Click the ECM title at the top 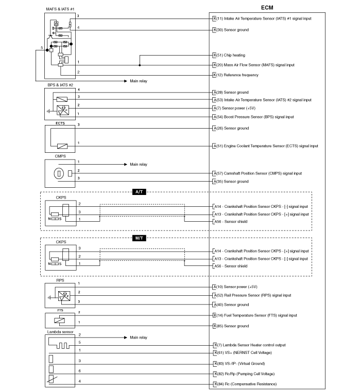point(267,8)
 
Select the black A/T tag point(139,192)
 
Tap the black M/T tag point(139,238)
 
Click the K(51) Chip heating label point(229,55)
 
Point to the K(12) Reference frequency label point(235,75)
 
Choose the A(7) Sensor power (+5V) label point(234,108)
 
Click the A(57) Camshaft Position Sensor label point(258,173)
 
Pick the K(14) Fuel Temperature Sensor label point(255,315)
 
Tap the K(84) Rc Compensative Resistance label point(245,384)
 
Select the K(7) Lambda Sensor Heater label point(250,345)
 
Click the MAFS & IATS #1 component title point(60,9)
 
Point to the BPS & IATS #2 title point(60,85)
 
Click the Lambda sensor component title point(60,332)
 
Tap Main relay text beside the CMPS point(139,164)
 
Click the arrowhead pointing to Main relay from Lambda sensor point(126,337)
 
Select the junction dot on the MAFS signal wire point(140,65)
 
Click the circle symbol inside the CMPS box point(59,173)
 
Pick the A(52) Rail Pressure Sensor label point(252,295)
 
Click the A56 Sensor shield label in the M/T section point(231,266)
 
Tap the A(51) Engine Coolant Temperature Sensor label point(266,146)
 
